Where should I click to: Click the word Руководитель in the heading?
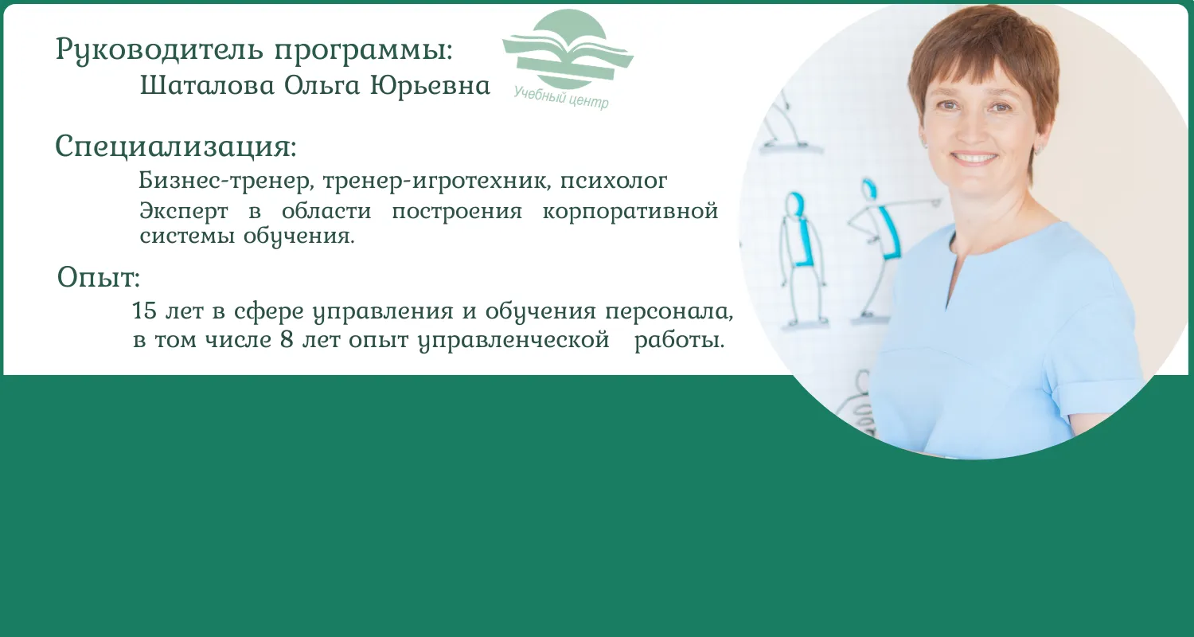pyautogui.click(x=159, y=49)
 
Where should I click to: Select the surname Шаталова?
pyautogui.click(x=207, y=85)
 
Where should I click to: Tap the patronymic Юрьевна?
pyautogui.click(x=430, y=85)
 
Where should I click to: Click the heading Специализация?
pyautogui.click(x=176, y=146)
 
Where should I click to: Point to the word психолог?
pyautogui.click(x=613, y=181)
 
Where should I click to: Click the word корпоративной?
pyautogui.click(x=630, y=212)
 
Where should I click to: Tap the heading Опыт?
pyautogui.click(x=99, y=276)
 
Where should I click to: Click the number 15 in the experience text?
pyautogui.click(x=144, y=311)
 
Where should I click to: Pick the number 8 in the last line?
pyautogui.click(x=287, y=339)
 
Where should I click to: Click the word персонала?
pyautogui.click(x=669, y=311)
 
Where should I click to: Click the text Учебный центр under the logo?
pyautogui.click(x=560, y=98)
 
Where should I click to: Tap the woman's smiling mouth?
pyautogui.click(x=975, y=158)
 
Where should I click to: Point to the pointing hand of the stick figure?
pyautogui.click(x=932, y=201)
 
